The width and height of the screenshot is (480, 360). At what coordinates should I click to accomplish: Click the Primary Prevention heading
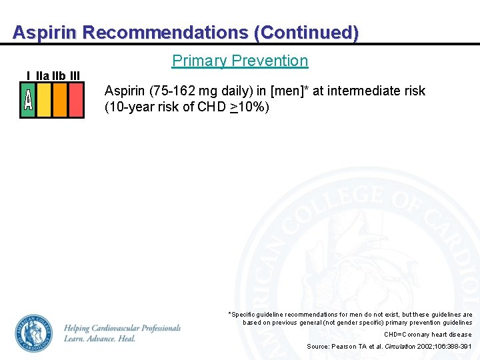(x=240, y=61)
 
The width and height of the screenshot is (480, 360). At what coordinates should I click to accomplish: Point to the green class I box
(x=28, y=100)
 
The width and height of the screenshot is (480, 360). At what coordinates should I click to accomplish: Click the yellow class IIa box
(x=44, y=100)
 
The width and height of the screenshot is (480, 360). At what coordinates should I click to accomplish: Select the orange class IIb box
(x=60, y=100)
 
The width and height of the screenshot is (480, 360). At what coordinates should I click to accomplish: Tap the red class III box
(x=76, y=100)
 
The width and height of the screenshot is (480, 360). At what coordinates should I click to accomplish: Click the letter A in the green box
(x=28, y=100)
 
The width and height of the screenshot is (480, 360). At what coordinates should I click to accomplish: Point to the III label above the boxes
(x=75, y=75)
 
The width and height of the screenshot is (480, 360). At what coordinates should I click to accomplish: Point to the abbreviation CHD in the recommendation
(x=211, y=107)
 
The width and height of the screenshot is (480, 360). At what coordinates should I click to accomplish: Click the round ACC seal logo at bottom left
(x=33, y=333)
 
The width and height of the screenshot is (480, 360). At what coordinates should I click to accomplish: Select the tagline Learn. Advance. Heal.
(x=100, y=339)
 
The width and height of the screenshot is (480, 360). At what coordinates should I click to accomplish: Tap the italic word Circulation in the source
(x=400, y=347)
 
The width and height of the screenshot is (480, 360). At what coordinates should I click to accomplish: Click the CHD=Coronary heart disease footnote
(x=427, y=335)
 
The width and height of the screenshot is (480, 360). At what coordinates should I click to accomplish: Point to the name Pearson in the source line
(x=345, y=347)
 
